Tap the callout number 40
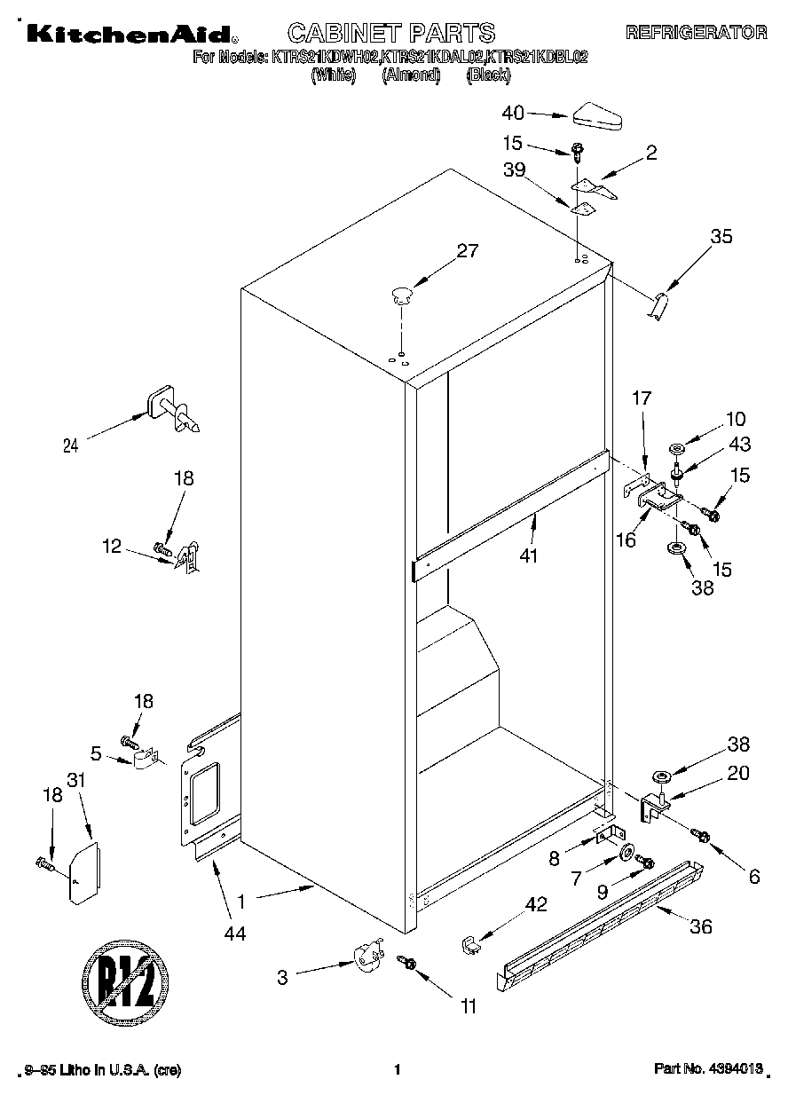pyautogui.click(x=513, y=113)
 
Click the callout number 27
pyautogui.click(x=467, y=251)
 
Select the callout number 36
pyautogui.click(x=701, y=926)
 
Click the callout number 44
pyautogui.click(x=235, y=933)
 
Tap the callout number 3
pyautogui.click(x=282, y=978)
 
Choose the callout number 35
pyautogui.click(x=721, y=236)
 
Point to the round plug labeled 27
pyautogui.click(x=401, y=294)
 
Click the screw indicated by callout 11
pyautogui.click(x=408, y=962)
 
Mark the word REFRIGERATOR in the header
pyautogui.click(x=696, y=33)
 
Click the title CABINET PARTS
pyautogui.click(x=391, y=33)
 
